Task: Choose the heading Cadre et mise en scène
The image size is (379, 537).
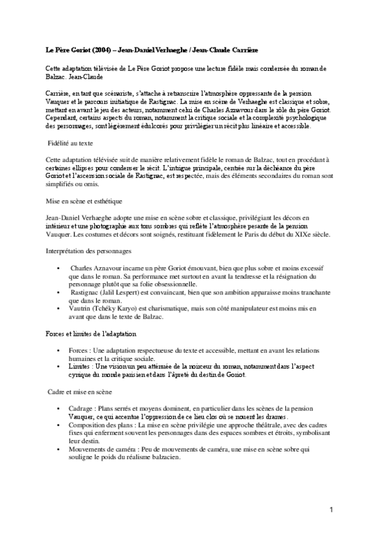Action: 79,393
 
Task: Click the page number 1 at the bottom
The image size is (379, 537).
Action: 330,510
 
